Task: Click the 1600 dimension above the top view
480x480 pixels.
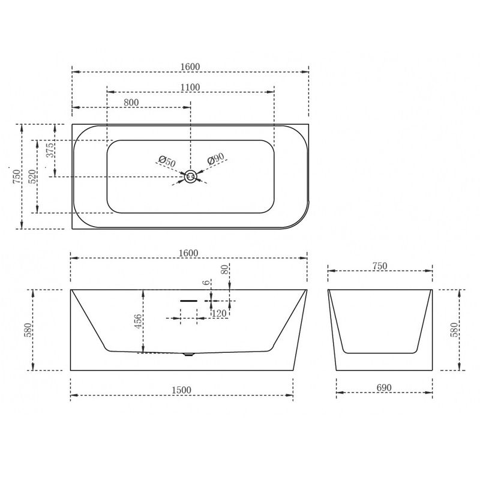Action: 190,67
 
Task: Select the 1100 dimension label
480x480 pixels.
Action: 190,87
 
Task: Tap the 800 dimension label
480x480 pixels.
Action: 131,102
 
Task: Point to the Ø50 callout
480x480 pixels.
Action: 167,161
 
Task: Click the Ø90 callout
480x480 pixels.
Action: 216,158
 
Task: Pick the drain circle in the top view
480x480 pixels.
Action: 190,176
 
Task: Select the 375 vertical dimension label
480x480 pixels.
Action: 50,150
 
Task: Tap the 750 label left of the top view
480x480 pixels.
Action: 17,176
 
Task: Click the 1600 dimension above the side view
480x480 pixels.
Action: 188,253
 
